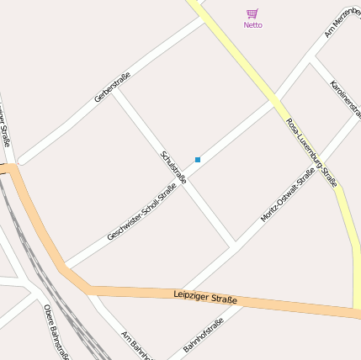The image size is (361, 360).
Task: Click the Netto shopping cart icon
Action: [x=252, y=13]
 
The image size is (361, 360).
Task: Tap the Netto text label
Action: [x=252, y=25]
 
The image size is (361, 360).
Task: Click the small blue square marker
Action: [x=198, y=160]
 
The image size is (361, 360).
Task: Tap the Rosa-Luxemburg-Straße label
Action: [x=311, y=151]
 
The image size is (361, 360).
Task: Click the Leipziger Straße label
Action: [x=205, y=297]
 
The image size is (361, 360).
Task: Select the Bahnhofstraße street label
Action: [x=204, y=336]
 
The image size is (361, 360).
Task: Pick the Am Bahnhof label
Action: [x=135, y=344]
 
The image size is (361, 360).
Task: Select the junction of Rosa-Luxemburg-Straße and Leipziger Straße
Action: [x=356, y=310]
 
